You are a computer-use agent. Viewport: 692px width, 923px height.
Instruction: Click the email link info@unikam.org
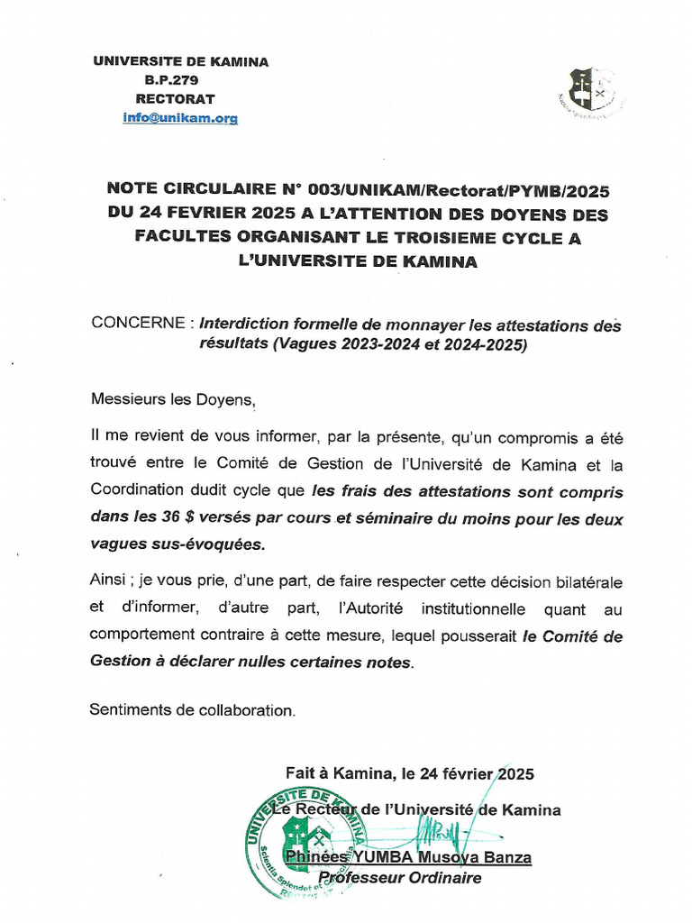coord(180,118)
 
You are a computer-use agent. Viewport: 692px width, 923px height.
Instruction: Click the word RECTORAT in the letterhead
coord(175,99)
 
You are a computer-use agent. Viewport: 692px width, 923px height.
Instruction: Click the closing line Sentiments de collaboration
coord(192,710)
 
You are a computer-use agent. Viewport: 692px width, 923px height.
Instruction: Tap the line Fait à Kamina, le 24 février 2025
coord(410,773)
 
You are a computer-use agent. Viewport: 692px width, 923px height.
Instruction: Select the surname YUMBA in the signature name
coord(371,856)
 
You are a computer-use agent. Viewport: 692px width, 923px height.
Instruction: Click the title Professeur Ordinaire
coord(400,878)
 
